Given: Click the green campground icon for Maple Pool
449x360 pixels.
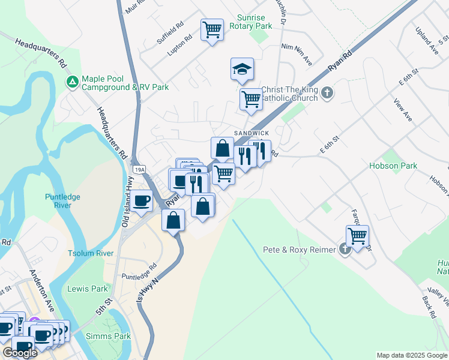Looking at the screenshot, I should (x=73, y=82).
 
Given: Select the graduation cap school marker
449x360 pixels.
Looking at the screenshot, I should (x=242, y=70).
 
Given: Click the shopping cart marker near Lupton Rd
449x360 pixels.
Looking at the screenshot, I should (x=212, y=29).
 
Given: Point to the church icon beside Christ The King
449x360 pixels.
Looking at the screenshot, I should (x=327, y=93).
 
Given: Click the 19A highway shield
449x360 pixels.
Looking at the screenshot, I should (x=139, y=170).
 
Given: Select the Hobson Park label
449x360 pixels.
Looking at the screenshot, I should (x=393, y=166).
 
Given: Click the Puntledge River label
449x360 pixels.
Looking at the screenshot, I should (x=62, y=201).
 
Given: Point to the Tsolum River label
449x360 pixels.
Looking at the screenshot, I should (x=91, y=253).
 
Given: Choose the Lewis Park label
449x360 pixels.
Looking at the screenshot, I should (x=88, y=289).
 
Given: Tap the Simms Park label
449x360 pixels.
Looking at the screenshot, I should (x=108, y=336).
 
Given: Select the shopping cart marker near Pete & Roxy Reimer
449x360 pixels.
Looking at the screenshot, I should (x=357, y=236).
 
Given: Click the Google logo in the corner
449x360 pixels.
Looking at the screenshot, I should (x=20, y=353).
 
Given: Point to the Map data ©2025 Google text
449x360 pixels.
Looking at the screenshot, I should (x=411, y=355).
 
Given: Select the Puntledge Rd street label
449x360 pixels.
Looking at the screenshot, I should (x=139, y=269).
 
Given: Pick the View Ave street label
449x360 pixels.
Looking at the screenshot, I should (x=403, y=110).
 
